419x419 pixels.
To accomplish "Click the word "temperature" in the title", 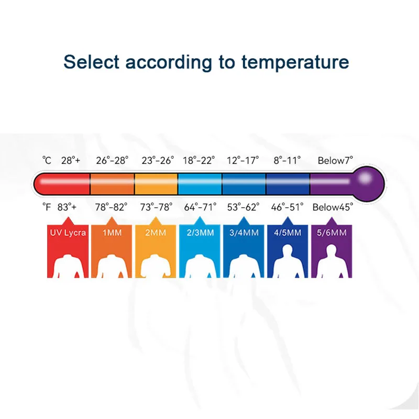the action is pyautogui.click(x=295, y=62).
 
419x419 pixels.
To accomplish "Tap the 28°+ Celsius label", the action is pyautogui.click(x=71, y=160).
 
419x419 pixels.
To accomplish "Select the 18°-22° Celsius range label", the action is pyautogui.click(x=199, y=160).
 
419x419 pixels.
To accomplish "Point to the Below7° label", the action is pyautogui.click(x=335, y=160).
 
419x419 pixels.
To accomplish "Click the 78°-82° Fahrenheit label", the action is pyautogui.click(x=111, y=207).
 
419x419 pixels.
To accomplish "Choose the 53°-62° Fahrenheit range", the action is pyautogui.click(x=243, y=207).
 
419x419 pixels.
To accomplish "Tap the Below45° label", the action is pyautogui.click(x=333, y=207).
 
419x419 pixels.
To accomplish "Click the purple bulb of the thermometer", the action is pyautogui.click(x=369, y=184).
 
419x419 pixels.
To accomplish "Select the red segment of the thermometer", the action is pyautogui.click(x=62, y=184).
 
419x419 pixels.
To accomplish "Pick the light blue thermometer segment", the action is pyautogui.click(x=200, y=184).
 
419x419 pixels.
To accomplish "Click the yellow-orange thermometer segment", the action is pyautogui.click(x=156, y=184).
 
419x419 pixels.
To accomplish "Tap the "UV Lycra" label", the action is pyautogui.click(x=68, y=233).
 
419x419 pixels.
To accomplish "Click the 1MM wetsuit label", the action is pyautogui.click(x=112, y=233).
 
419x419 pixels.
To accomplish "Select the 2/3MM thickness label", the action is pyautogui.click(x=200, y=233).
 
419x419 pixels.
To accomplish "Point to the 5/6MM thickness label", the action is pyautogui.click(x=332, y=233).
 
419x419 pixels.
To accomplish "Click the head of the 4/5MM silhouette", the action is pyautogui.click(x=287, y=250).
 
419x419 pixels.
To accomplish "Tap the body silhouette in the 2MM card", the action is pyautogui.click(x=156, y=266).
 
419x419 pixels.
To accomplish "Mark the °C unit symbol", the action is pyautogui.click(x=47, y=160).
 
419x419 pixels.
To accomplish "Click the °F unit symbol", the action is pyautogui.click(x=47, y=207).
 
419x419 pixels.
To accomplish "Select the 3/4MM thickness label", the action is pyautogui.click(x=244, y=233).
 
